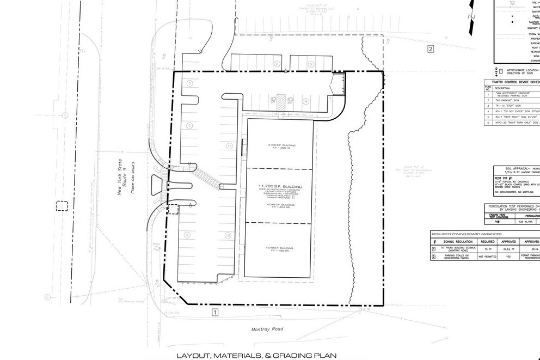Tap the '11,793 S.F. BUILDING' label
[280, 186]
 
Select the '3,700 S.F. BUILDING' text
[281, 144]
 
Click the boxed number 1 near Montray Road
[215, 312]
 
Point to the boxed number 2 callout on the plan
[430, 49]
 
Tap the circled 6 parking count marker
[277, 64]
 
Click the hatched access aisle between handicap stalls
[280, 101]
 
